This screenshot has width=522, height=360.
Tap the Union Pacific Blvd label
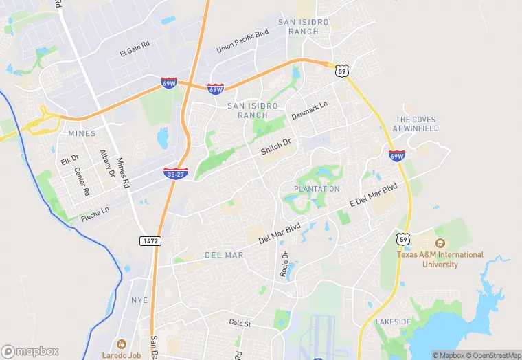[242, 41]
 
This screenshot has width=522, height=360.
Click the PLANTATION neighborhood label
[317, 189]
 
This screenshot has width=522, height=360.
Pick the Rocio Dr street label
[284, 264]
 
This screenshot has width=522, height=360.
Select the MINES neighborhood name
[82, 133]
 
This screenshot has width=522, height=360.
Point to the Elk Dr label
[70, 160]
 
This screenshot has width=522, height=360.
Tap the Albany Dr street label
[106, 164]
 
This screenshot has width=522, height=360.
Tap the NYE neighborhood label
[139, 300]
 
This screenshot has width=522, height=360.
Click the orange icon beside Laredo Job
[122, 344]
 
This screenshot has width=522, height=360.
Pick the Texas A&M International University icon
[440, 243]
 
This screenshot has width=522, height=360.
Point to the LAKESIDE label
[393, 322]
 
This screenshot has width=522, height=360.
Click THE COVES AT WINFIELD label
[416, 124]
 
